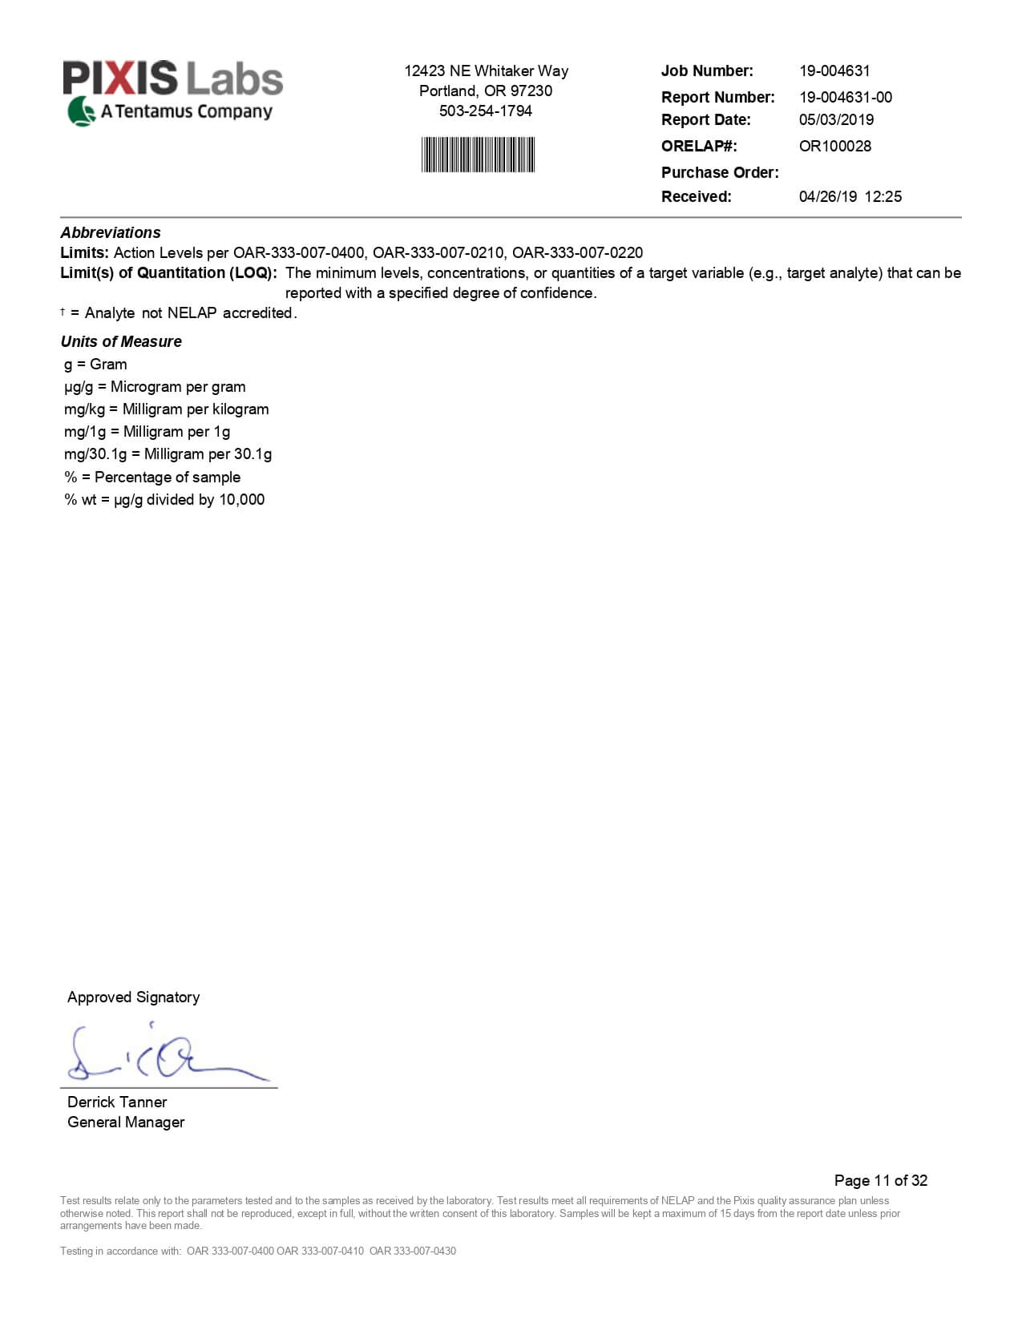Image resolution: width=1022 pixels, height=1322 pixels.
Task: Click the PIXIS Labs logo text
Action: pos(173,79)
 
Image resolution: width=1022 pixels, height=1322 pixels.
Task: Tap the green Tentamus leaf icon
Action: pos(80,111)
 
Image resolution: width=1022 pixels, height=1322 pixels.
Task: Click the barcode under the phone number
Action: pos(478,155)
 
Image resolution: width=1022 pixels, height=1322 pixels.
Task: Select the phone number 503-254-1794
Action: pos(486,111)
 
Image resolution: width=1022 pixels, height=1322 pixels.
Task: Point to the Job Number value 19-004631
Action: pos(834,71)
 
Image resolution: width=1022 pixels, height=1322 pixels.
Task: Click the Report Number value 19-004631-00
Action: pos(845,97)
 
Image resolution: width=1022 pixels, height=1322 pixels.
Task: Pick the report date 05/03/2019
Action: pos(836,119)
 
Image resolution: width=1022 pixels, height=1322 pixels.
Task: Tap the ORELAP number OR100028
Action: pos(834,146)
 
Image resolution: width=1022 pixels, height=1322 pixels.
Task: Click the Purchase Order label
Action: pos(720,172)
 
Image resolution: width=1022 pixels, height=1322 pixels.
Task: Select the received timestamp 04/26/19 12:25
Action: pos(850,196)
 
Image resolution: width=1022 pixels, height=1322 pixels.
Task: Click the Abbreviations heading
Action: pos(111,232)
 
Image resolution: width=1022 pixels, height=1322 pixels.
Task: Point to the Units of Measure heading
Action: pos(121,341)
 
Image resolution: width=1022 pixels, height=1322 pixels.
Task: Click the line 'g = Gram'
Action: pos(95,365)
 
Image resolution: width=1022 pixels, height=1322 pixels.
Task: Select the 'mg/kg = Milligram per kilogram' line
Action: pos(167,409)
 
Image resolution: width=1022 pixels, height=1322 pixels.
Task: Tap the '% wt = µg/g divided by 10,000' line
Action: pos(164,500)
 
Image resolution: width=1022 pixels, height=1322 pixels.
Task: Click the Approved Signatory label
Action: pos(133,998)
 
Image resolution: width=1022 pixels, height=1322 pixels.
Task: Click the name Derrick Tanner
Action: pos(117,1102)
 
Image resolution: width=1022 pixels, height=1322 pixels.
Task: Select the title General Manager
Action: pos(126,1122)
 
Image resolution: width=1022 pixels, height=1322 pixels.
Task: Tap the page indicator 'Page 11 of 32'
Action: pos(880,1180)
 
